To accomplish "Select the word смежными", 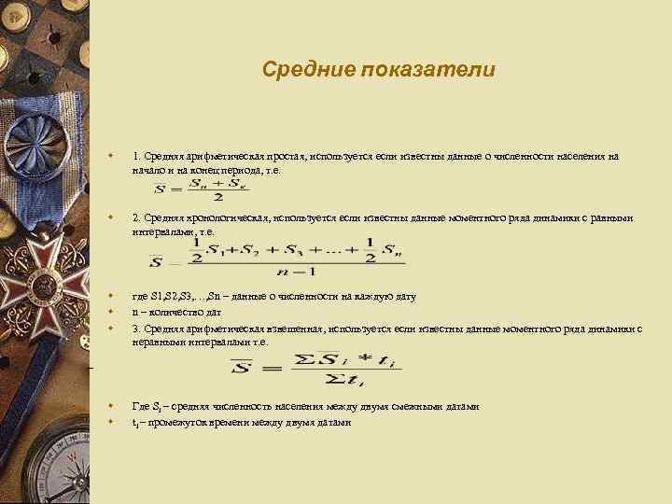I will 403,407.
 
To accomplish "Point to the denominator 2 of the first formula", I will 217,198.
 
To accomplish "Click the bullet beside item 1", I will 111,157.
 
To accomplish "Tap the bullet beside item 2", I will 111,218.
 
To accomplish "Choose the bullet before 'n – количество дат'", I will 111,313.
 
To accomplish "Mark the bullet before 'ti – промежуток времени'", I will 111,422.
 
